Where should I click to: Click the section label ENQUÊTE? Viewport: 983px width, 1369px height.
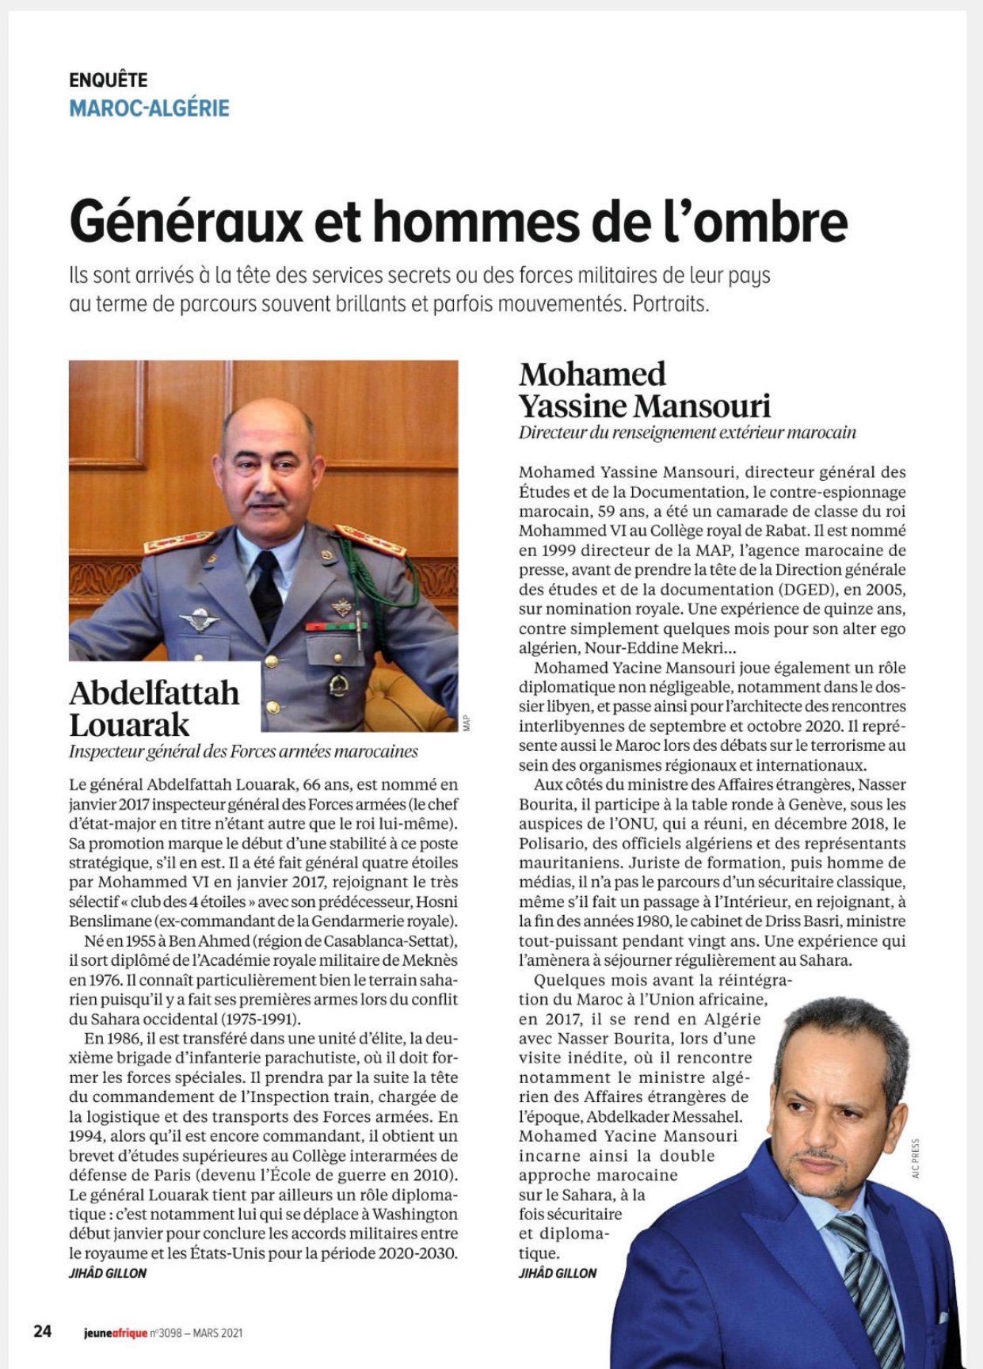coord(109,80)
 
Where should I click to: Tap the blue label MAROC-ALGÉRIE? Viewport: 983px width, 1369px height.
coord(149,108)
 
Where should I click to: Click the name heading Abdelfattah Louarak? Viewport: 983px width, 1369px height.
coord(154,708)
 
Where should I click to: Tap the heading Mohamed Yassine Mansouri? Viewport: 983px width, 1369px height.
coord(644,390)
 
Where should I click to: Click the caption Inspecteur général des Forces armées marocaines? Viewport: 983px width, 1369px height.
coord(243,752)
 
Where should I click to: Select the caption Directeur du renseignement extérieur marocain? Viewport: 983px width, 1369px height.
coord(687,433)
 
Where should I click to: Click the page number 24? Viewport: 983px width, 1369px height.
coord(42,1332)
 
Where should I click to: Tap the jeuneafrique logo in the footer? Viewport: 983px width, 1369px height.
coord(115,1333)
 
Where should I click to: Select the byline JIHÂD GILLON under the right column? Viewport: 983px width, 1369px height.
coord(558,1273)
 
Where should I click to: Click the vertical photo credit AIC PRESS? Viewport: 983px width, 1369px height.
coord(916,1159)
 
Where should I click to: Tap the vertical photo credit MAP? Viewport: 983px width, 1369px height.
coord(467,723)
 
